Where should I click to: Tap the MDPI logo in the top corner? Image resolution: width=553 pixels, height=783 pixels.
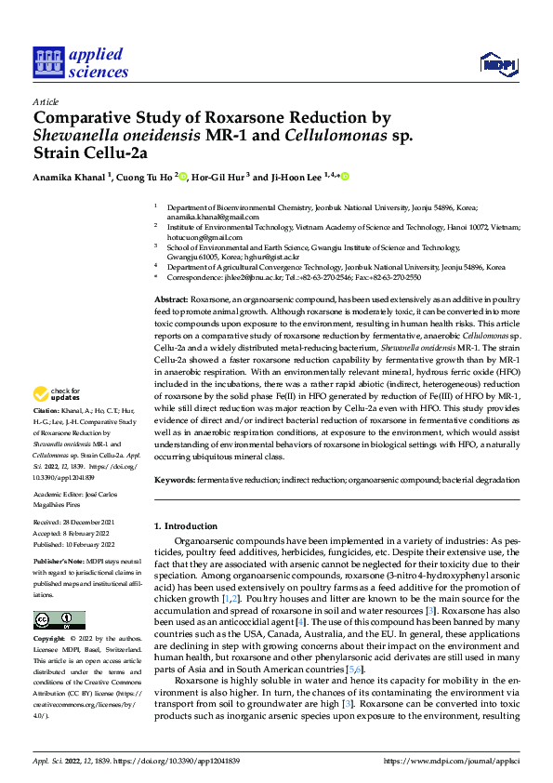click(497, 63)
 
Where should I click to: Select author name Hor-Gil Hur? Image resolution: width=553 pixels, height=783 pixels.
click(219, 177)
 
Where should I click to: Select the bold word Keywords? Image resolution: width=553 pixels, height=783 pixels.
click(174, 479)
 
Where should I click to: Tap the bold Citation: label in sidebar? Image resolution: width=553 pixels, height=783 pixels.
click(46, 436)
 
